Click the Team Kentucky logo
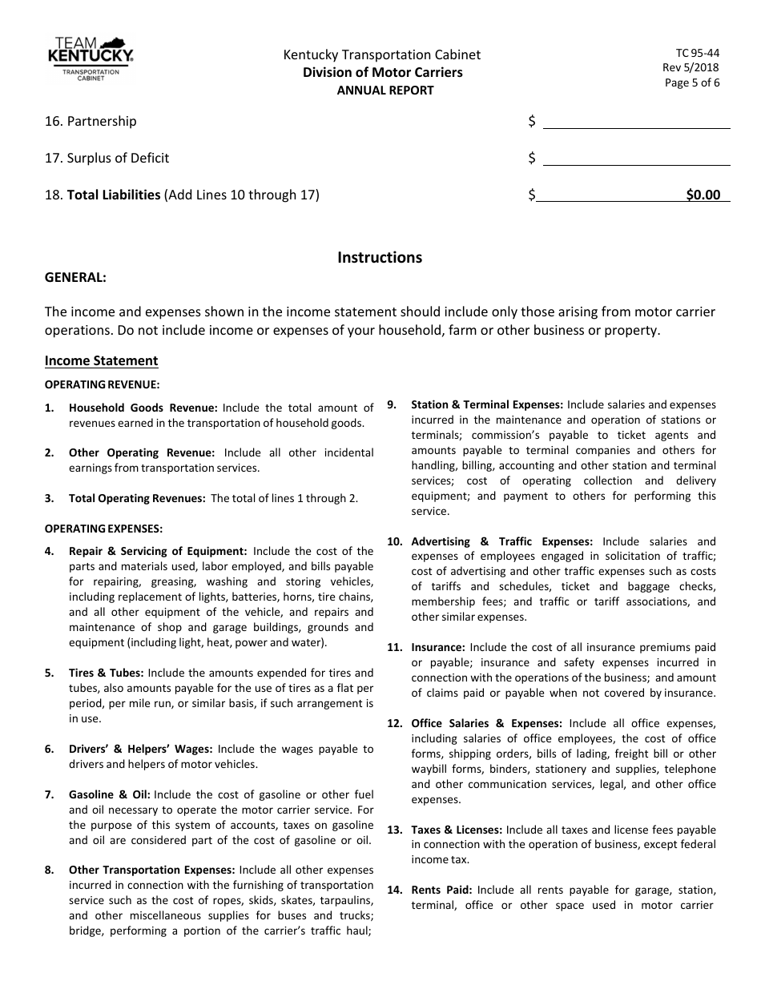[90, 60]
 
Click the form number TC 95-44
[698, 53]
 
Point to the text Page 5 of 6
[692, 82]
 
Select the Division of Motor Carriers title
[382, 73]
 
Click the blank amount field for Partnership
[636, 121]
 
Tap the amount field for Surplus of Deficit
[636, 158]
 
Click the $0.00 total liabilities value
[703, 195]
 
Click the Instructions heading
[380, 257]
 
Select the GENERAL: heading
[75, 277]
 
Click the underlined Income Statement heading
[101, 360]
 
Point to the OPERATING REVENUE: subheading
[102, 384]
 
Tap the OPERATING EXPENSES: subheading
[103, 528]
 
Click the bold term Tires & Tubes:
[107, 673]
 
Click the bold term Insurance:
[438, 647]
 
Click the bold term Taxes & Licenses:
[457, 830]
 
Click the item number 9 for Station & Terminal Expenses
[392, 404]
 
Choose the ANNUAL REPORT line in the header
[385, 90]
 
